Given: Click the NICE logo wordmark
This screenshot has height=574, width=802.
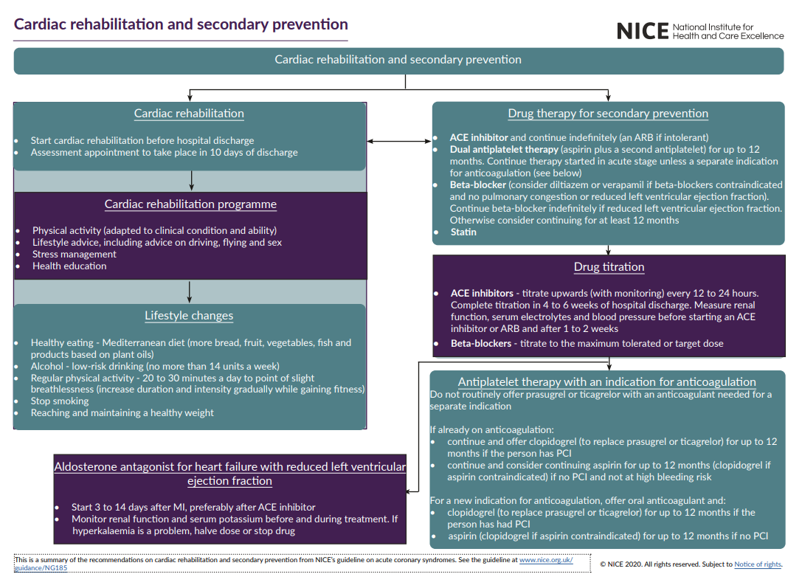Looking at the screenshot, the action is pyautogui.click(x=643, y=31).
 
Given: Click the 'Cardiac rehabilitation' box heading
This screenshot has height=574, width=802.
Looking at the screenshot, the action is pyautogui.click(x=189, y=114).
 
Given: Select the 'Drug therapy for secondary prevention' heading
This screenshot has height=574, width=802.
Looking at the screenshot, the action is pyautogui.click(x=608, y=114).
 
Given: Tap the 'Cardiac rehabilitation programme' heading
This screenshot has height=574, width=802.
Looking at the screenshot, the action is pyautogui.click(x=190, y=204).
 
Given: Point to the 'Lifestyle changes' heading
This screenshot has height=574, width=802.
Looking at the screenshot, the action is pyautogui.click(x=189, y=316).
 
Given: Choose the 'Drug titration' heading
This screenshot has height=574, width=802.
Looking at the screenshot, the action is pyautogui.click(x=609, y=267).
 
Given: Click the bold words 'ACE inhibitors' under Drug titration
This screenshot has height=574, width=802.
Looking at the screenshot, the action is pyautogui.click(x=482, y=293).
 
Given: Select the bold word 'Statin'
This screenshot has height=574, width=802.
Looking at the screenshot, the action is pyautogui.click(x=463, y=232).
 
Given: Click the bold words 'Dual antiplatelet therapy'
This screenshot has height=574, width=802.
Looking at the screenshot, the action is pyautogui.click(x=504, y=149).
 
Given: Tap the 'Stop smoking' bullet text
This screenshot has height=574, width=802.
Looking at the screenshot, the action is pyautogui.click(x=60, y=401).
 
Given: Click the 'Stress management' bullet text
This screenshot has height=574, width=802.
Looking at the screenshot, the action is pyautogui.click(x=75, y=255).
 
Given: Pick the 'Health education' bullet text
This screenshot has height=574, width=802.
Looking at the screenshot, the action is pyautogui.click(x=69, y=266).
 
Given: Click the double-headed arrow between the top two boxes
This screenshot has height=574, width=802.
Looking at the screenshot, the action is pyautogui.click(x=399, y=141).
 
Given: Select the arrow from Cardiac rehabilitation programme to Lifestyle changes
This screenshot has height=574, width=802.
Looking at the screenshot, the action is pyautogui.click(x=189, y=292).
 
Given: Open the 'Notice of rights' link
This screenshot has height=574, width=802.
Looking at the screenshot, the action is pyautogui.click(x=758, y=564).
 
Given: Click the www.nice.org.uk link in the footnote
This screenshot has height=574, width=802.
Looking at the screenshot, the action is pyautogui.click(x=546, y=560).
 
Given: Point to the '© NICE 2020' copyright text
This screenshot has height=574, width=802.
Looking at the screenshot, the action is pyautogui.click(x=618, y=564).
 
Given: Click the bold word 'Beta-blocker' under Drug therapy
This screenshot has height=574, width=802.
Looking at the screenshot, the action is pyautogui.click(x=477, y=184).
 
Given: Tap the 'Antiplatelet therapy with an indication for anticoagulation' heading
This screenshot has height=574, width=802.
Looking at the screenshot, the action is pyautogui.click(x=606, y=382).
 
